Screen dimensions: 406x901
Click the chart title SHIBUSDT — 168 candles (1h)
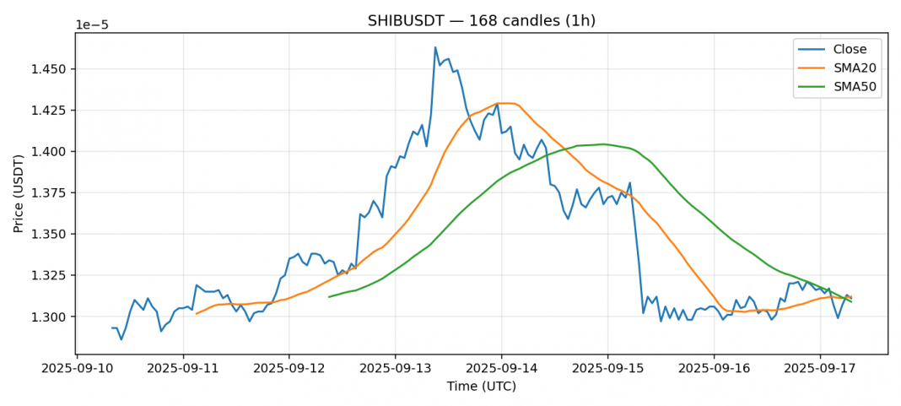pos(481,21)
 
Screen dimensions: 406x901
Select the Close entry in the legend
pos(850,49)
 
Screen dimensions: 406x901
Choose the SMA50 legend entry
pos(855,88)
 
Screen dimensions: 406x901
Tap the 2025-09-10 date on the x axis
pos(78,369)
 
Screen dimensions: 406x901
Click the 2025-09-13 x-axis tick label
pos(396,369)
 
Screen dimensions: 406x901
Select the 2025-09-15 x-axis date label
pos(607,369)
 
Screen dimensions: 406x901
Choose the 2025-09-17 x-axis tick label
pos(819,369)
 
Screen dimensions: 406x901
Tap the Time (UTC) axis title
pos(481,387)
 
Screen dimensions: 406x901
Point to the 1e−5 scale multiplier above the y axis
pos(92,25)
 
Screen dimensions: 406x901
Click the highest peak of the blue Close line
pos(435,47)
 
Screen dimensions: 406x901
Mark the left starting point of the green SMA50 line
pos(329,296)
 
